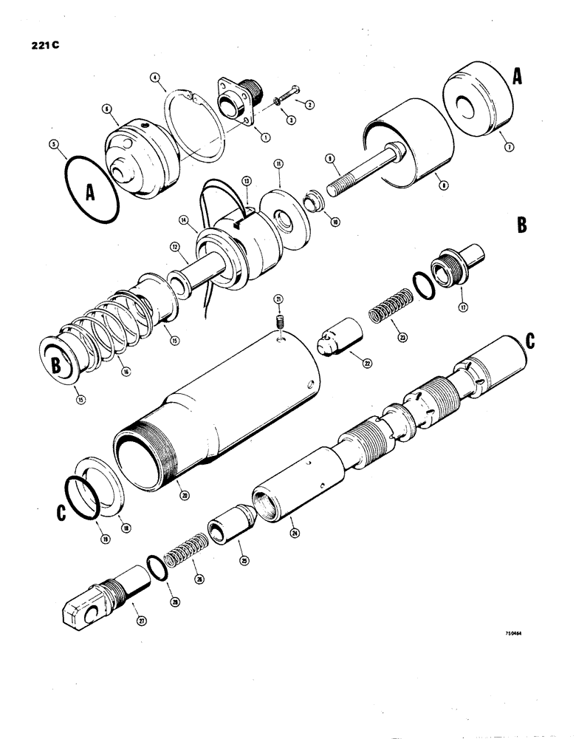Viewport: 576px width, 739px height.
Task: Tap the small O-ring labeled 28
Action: (x=154, y=568)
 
